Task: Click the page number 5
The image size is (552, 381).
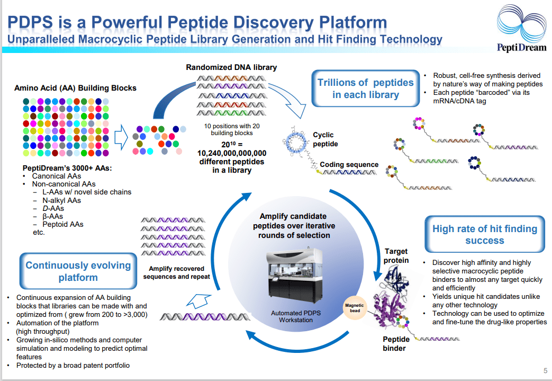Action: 545,370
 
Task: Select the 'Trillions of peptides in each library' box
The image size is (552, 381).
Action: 365,88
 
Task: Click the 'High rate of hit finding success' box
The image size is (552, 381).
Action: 484,234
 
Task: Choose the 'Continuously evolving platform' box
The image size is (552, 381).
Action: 78,271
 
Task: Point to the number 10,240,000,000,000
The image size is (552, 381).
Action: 232,153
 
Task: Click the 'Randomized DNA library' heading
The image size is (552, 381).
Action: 231,67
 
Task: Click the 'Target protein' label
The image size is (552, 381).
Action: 396,255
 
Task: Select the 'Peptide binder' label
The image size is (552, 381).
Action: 396,343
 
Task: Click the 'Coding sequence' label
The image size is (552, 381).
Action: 349,165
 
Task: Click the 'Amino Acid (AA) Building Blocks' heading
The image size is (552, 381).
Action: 75,88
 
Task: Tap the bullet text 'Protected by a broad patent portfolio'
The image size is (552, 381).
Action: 73,365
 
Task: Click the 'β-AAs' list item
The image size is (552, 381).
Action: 52,216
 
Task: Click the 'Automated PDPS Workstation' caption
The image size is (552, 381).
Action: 296,317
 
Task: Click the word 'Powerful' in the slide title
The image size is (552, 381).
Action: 139,23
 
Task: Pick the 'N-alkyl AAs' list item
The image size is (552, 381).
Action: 61,200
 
